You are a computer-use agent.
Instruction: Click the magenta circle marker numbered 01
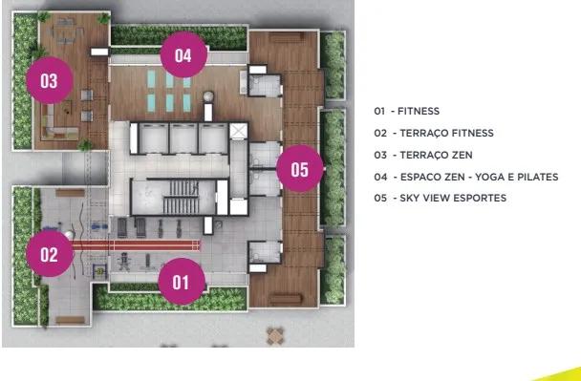pyautogui.click(x=182, y=282)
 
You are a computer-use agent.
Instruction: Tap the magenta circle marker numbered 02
pyautogui.click(x=50, y=254)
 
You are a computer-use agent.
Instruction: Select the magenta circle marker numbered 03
pyautogui.click(x=50, y=80)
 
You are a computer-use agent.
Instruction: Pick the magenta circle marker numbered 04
pyautogui.click(x=183, y=54)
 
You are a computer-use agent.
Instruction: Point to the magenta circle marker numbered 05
pyautogui.click(x=300, y=169)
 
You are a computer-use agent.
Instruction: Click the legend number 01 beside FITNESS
pyautogui.click(x=379, y=111)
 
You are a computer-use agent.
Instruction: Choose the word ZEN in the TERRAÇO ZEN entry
pyautogui.click(x=462, y=155)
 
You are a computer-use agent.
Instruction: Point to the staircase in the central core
pyautogui.click(x=181, y=198)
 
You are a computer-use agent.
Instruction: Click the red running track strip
pyautogui.click(x=136, y=245)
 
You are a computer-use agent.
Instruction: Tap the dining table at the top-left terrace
pyautogui.click(x=67, y=32)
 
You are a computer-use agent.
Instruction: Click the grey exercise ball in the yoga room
pyautogui.click(x=208, y=96)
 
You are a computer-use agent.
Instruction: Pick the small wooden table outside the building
pyautogui.click(x=275, y=336)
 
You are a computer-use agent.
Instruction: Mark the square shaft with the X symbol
pyautogui.click(x=238, y=131)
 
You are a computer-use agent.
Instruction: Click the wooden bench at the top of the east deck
pyautogui.click(x=287, y=37)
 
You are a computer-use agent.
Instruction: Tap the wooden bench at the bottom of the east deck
pyautogui.click(x=286, y=300)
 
